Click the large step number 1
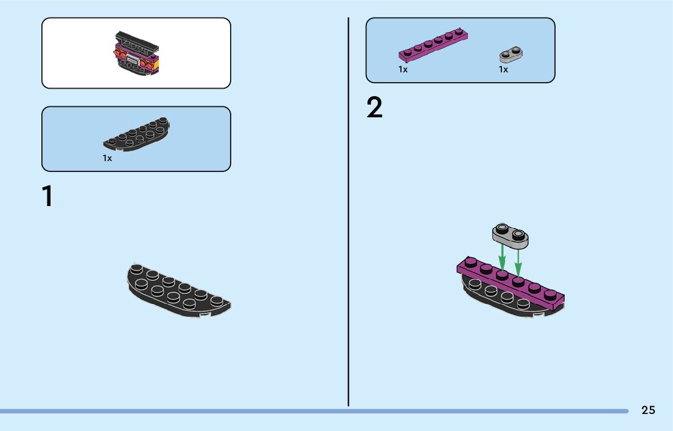47,197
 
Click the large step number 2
375,108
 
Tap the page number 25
648,410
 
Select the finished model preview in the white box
137,53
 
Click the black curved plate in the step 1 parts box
137,134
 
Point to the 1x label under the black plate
107,158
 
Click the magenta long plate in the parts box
433,46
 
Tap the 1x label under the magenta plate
403,69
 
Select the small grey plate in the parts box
512,55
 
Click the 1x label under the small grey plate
503,69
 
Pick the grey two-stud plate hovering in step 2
510,236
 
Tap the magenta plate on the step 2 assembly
511,286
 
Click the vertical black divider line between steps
348,213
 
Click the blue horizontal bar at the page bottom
304,411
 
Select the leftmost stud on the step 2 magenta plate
470,263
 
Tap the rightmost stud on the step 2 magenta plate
550,294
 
